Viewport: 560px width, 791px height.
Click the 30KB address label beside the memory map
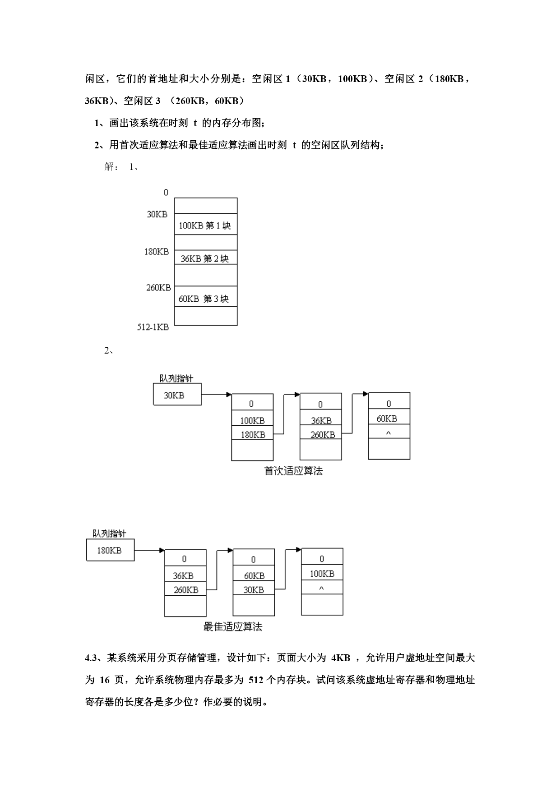pyautogui.click(x=157, y=214)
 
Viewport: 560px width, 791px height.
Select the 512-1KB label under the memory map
pyautogui.click(x=153, y=327)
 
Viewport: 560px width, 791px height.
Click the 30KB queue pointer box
pyautogui.click(x=177, y=395)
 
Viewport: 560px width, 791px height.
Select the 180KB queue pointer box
pyautogui.click(x=110, y=550)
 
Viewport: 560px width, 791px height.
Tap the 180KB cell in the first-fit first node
pyautogui.click(x=252, y=434)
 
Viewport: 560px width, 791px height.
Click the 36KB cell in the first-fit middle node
pyautogui.click(x=321, y=420)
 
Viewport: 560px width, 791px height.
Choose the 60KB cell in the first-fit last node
pyautogui.click(x=389, y=418)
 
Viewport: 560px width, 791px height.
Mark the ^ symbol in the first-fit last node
pyautogui.click(x=389, y=432)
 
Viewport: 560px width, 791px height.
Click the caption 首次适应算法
pyautogui.click(x=293, y=471)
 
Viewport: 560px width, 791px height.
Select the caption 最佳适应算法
pyautogui.click(x=233, y=627)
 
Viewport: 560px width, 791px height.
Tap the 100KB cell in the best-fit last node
pyautogui.click(x=322, y=574)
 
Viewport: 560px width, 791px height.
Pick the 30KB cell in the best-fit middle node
pyautogui.click(x=254, y=589)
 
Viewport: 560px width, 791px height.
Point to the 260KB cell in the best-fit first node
pyautogui.click(x=185, y=589)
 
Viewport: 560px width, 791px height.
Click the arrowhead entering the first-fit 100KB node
pyautogui.click(x=229, y=395)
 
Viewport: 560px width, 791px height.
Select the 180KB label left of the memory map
pyautogui.click(x=157, y=252)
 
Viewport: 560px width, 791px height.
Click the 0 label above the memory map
pyautogui.click(x=166, y=193)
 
